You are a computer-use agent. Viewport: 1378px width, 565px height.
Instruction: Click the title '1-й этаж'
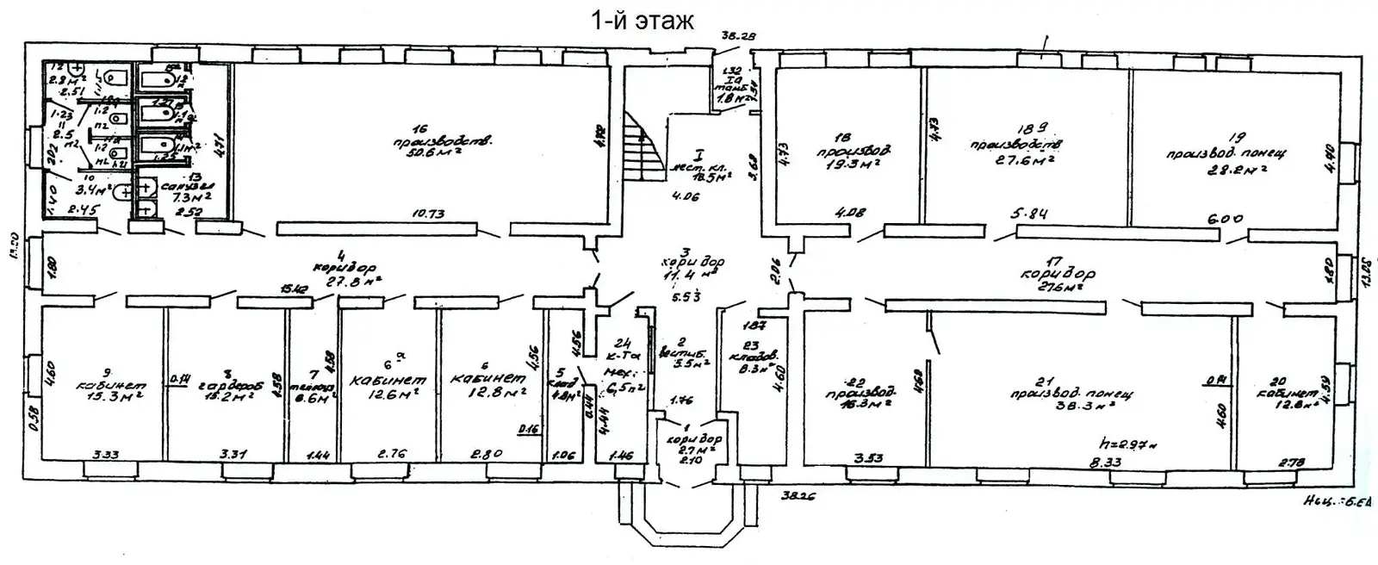[x=642, y=20]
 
